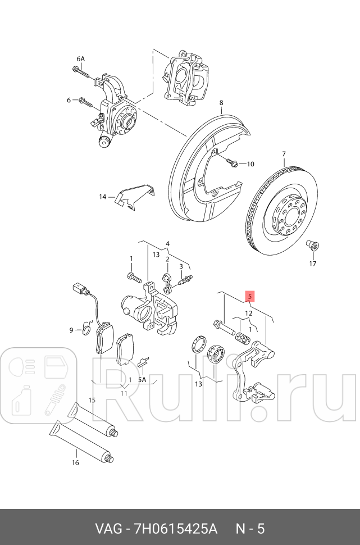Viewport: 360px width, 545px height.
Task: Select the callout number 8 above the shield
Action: click(221, 103)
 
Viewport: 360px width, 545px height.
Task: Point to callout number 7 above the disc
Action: click(284, 154)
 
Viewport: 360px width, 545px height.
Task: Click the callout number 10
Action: click(250, 164)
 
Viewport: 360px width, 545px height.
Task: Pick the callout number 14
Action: click(103, 197)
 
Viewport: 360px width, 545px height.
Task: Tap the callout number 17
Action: click(312, 263)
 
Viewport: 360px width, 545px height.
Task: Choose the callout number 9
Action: click(71, 330)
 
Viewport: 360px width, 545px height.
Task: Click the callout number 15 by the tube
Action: click(92, 400)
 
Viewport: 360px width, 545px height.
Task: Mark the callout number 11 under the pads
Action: click(124, 393)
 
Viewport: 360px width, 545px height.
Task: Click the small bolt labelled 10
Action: click(233, 163)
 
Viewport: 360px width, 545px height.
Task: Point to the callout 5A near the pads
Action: click(142, 379)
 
